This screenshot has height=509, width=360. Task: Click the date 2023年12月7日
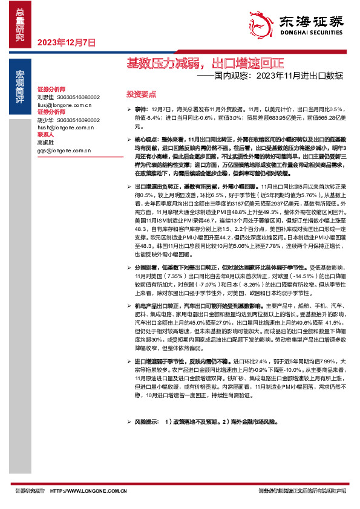67,43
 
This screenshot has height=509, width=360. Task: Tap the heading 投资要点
141,94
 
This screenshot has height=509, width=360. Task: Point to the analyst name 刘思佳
45,97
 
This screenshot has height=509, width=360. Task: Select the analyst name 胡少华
45,120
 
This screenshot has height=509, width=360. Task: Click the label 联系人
45,135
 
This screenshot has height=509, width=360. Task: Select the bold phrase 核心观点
146,138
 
